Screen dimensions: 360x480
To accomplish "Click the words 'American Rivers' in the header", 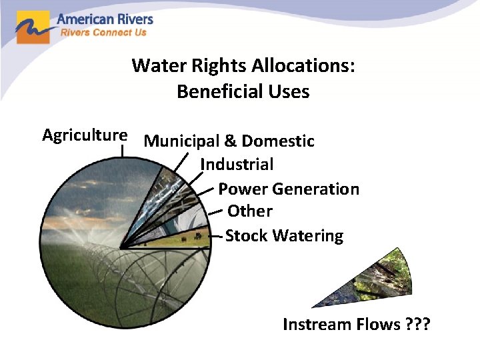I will coord(105,19).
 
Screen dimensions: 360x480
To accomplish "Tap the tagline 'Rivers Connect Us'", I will coord(103,32).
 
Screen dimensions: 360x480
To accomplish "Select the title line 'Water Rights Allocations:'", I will coord(243,65).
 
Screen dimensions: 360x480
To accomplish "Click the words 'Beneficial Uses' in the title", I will coord(243,91).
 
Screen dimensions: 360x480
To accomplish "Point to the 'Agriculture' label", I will coord(85,135).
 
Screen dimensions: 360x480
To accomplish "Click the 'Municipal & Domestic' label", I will coord(229,141).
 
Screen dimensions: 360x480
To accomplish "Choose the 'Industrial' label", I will coord(237,164).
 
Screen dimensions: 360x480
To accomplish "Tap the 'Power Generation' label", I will coord(288,189).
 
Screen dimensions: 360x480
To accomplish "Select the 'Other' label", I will coord(250,211).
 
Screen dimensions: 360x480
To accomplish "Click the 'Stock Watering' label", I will coord(285,236).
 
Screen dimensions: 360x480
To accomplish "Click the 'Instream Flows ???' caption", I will coord(357,325).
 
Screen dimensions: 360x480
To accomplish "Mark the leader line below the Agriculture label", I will coord(123,150).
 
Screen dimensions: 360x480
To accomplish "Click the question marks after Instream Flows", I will coord(418,325).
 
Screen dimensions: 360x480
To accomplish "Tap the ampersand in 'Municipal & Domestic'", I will coord(230,141).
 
